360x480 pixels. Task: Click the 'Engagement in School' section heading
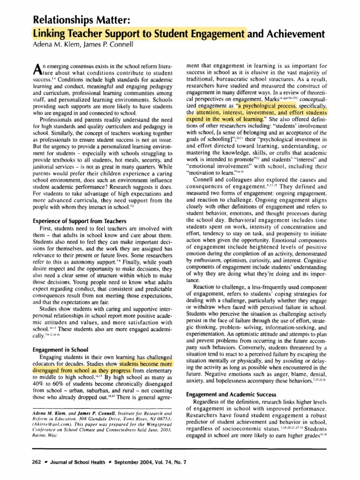click(x=62, y=349)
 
